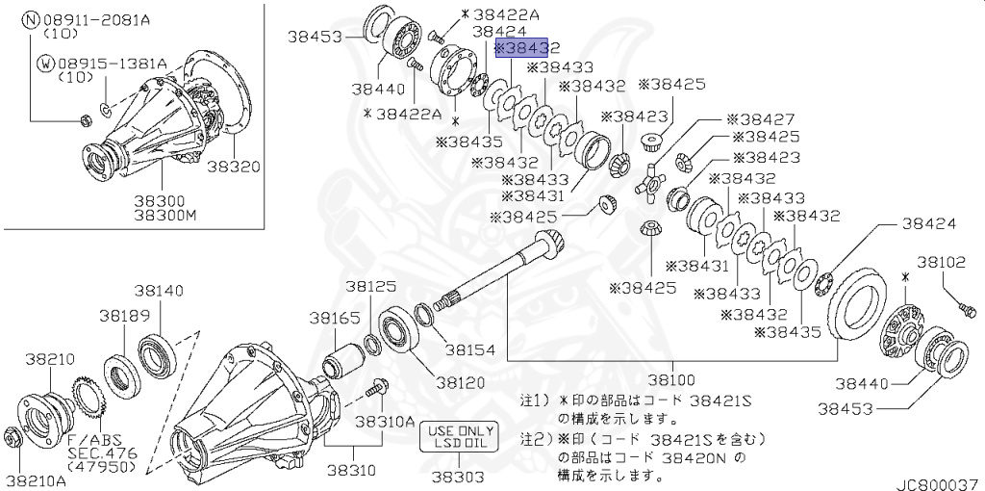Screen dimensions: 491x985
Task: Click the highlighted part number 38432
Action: coord(527,47)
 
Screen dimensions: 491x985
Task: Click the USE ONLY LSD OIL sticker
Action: coord(457,437)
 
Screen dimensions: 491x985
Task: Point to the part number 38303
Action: coord(457,476)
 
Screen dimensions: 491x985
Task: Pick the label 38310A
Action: coord(384,422)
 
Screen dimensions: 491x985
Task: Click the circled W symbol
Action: coord(44,64)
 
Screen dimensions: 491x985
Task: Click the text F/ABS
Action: coord(89,439)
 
